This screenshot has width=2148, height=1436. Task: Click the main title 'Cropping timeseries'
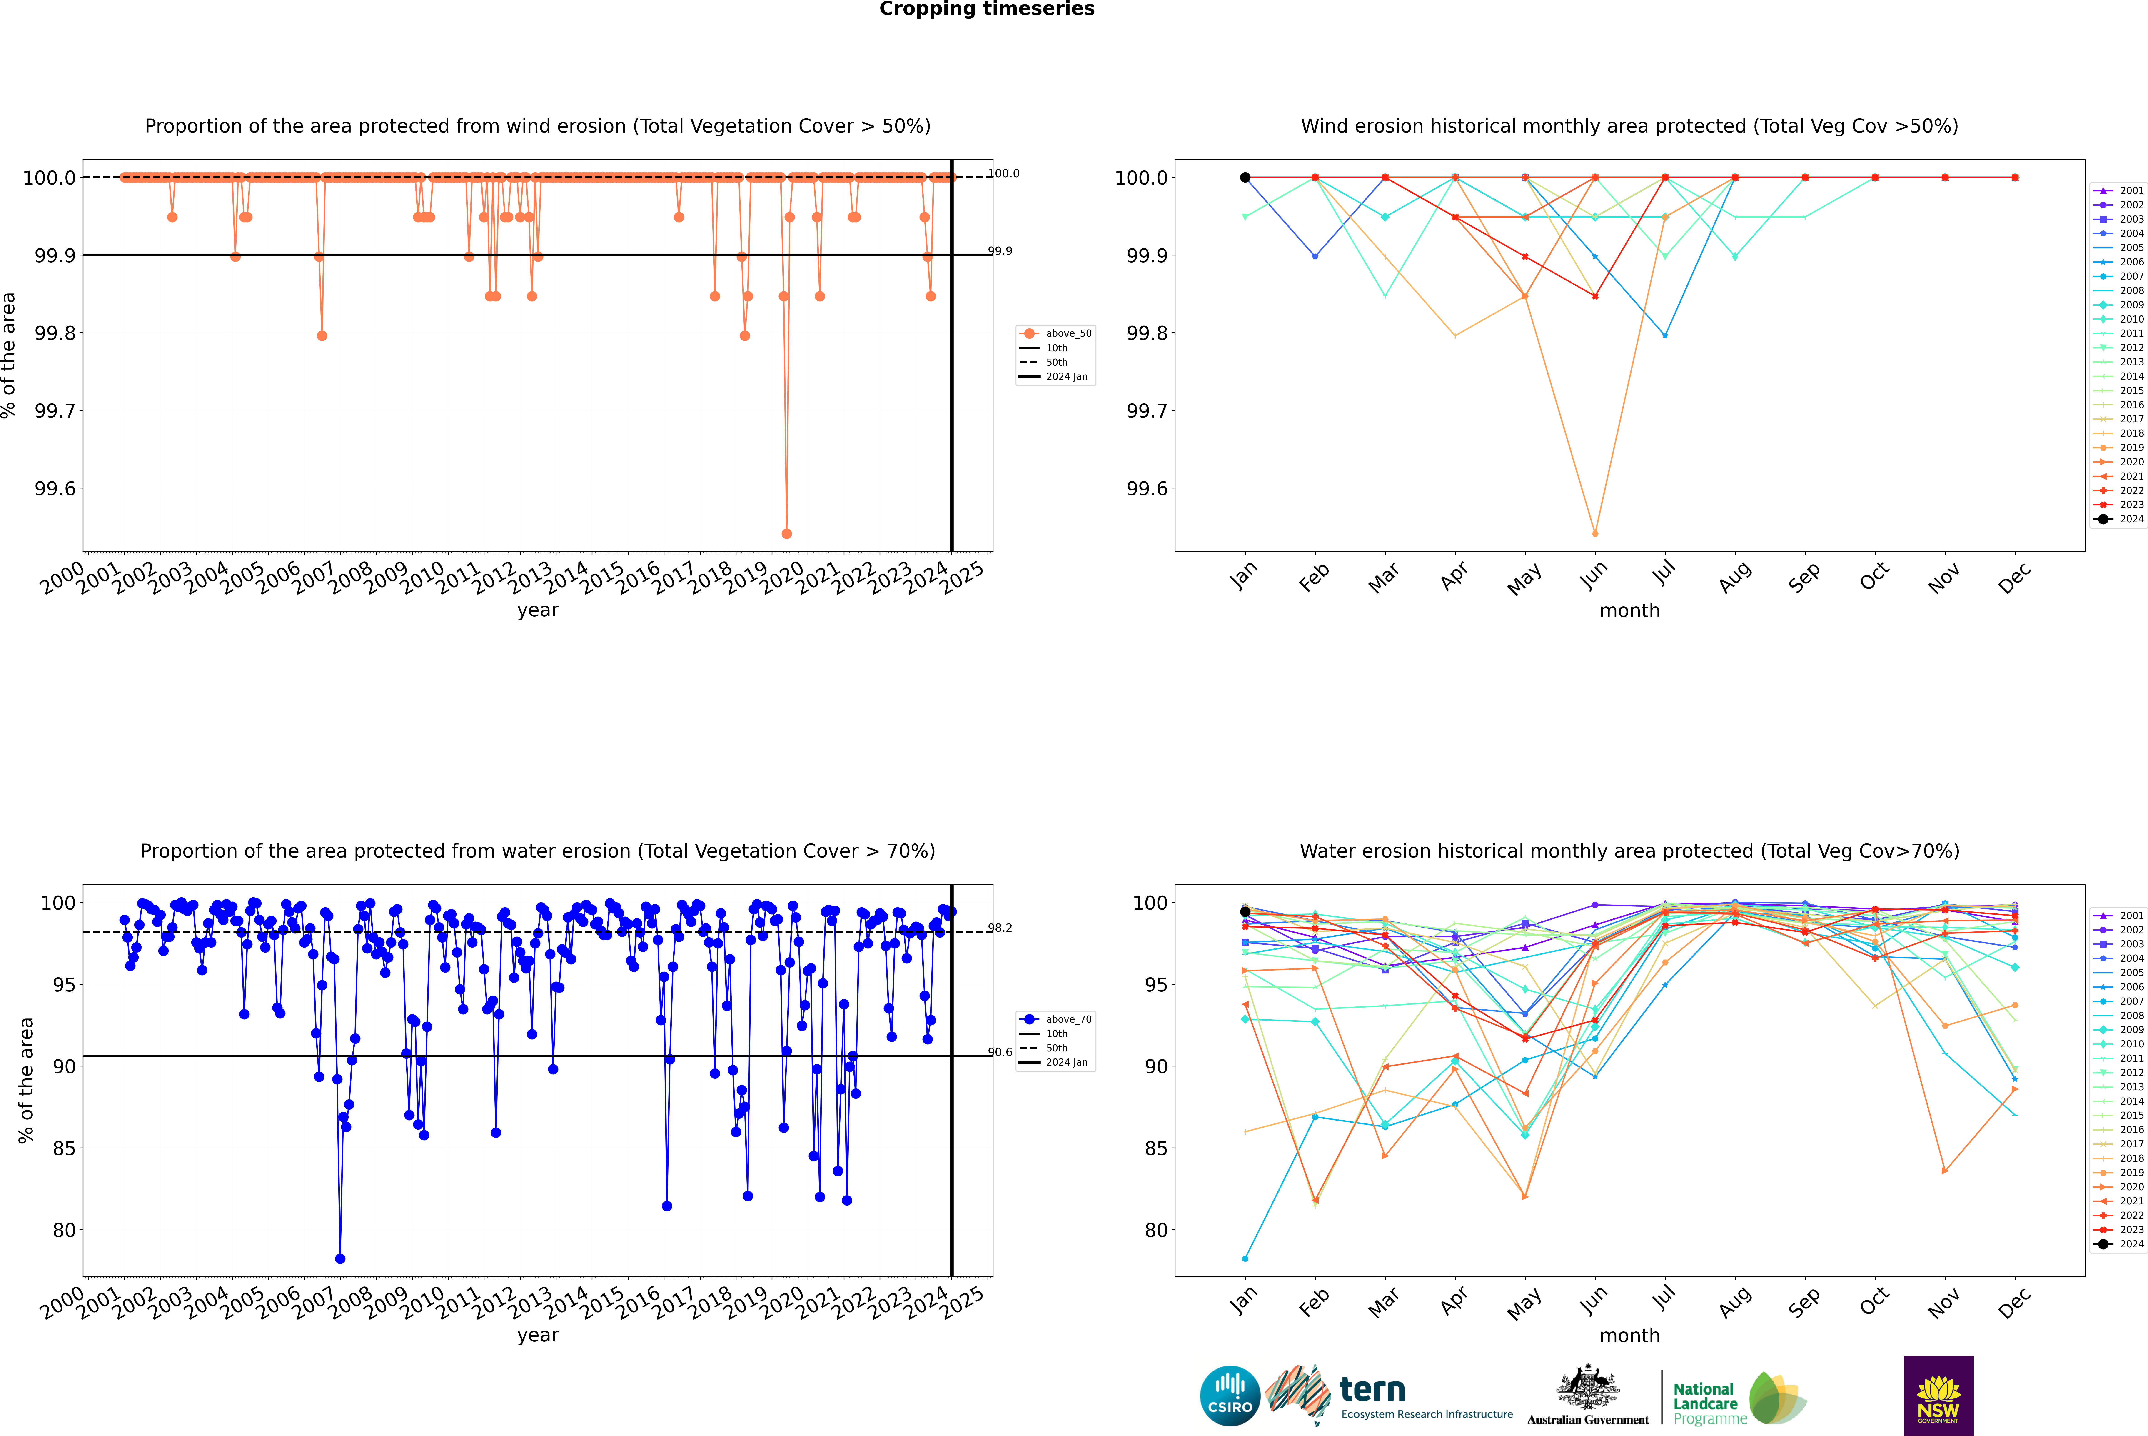pyautogui.click(x=986, y=9)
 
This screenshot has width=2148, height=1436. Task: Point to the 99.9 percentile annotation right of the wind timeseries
pyautogui.click(x=1000, y=251)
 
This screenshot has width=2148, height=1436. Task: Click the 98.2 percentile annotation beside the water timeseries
pyautogui.click(x=1000, y=928)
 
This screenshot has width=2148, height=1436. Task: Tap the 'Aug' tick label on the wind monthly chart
pyautogui.click(x=1734, y=577)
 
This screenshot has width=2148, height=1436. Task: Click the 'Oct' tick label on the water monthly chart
pyautogui.click(x=1873, y=1301)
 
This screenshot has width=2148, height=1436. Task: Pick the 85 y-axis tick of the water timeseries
pyautogui.click(x=64, y=1148)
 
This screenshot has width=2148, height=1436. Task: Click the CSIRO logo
pyautogui.click(x=1230, y=1396)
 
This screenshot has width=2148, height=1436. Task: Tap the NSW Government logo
pyautogui.click(x=1938, y=1396)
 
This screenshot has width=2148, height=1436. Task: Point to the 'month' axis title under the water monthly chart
pyautogui.click(x=1629, y=1335)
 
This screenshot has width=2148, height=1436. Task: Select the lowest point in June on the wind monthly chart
pyautogui.click(x=1595, y=533)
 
